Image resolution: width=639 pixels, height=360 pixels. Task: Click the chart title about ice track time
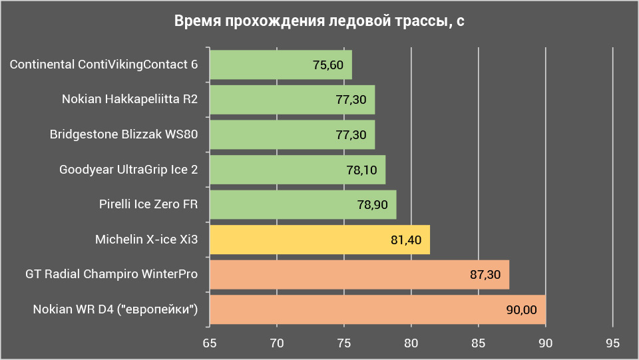(319, 22)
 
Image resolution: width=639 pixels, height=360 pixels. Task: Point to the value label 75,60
(327, 65)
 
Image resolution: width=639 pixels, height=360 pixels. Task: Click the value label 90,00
(521, 310)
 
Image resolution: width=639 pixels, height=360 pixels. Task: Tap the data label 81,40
(405, 240)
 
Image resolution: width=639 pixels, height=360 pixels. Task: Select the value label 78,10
(361, 170)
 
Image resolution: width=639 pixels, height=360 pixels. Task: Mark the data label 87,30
(485, 275)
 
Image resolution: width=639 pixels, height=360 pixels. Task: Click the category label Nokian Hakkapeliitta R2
(130, 100)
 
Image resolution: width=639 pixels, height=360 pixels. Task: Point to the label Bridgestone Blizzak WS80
(124, 134)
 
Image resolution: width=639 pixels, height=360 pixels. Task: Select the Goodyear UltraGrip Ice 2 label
(128, 170)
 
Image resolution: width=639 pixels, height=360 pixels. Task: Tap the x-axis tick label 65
(210, 343)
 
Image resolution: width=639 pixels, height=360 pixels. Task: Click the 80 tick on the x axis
(411, 343)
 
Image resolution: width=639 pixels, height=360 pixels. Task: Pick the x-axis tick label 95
(613, 343)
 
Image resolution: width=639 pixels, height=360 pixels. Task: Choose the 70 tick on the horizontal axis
(277, 343)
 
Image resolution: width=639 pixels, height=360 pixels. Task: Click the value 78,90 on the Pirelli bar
(372, 205)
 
